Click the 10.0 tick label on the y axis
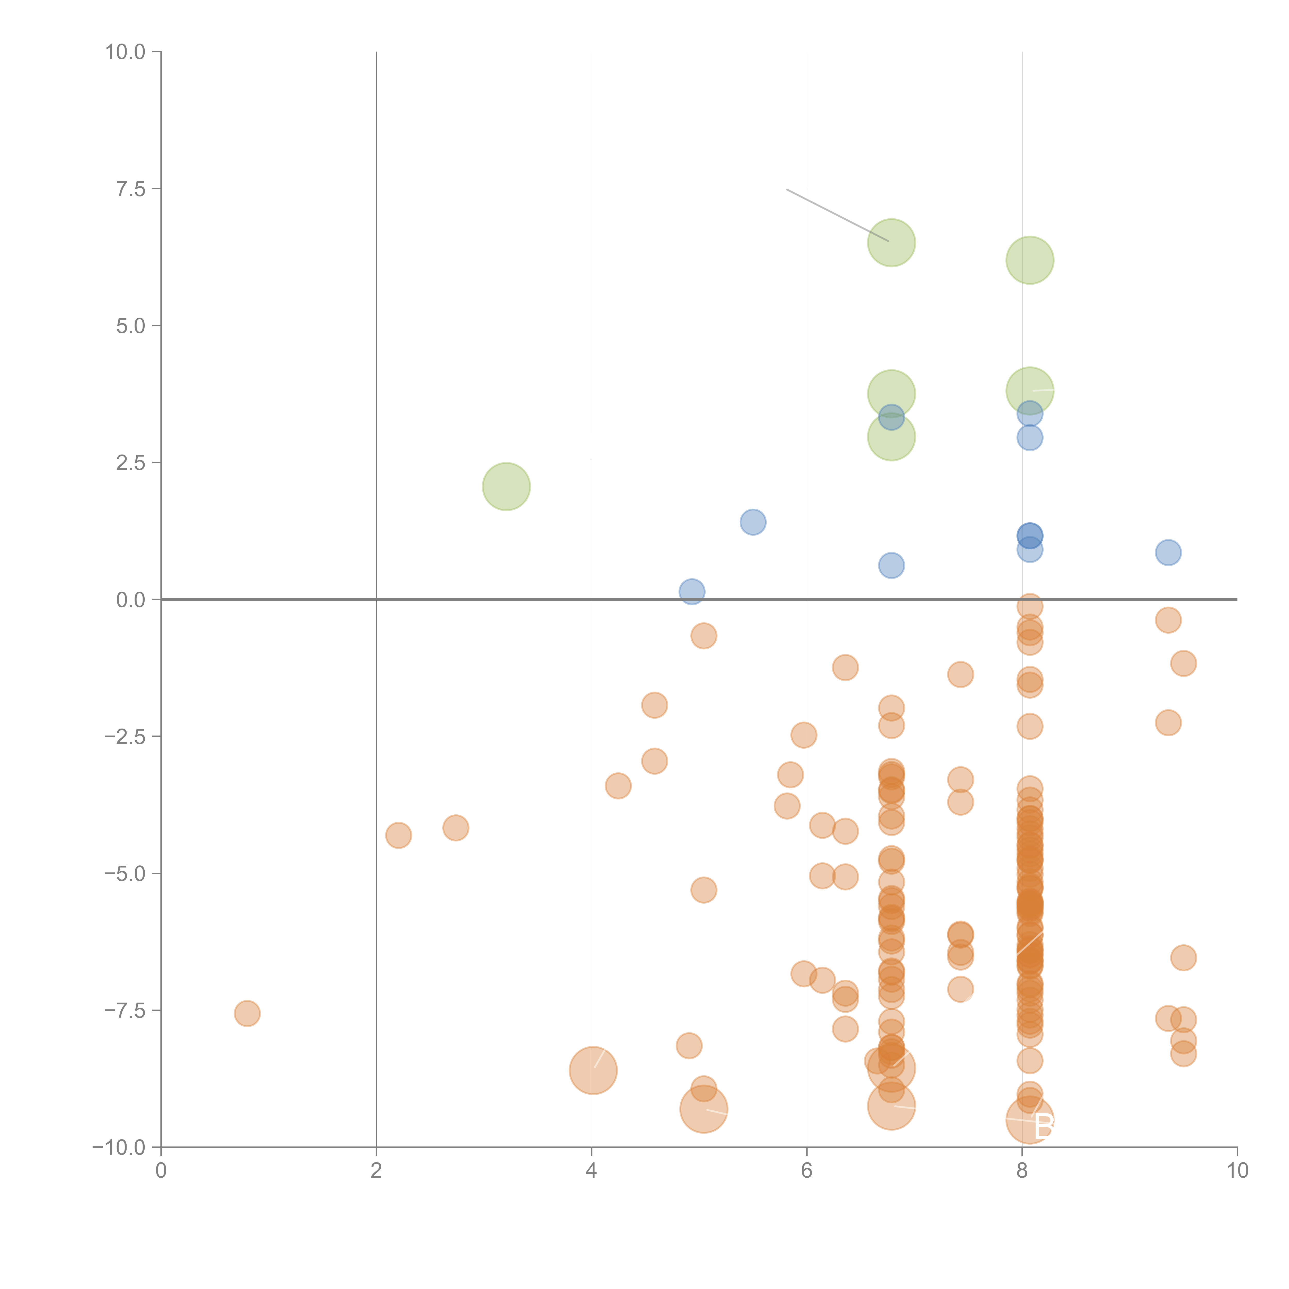(126, 52)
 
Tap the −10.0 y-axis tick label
(119, 1147)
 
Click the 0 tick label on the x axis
(161, 1171)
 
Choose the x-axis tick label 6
(807, 1171)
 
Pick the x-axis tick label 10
(1237, 1171)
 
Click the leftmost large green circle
(506, 486)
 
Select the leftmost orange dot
(247, 1013)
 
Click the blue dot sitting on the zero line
(692, 591)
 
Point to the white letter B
(1044, 1128)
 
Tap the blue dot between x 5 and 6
(753, 522)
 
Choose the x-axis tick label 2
(376, 1171)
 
